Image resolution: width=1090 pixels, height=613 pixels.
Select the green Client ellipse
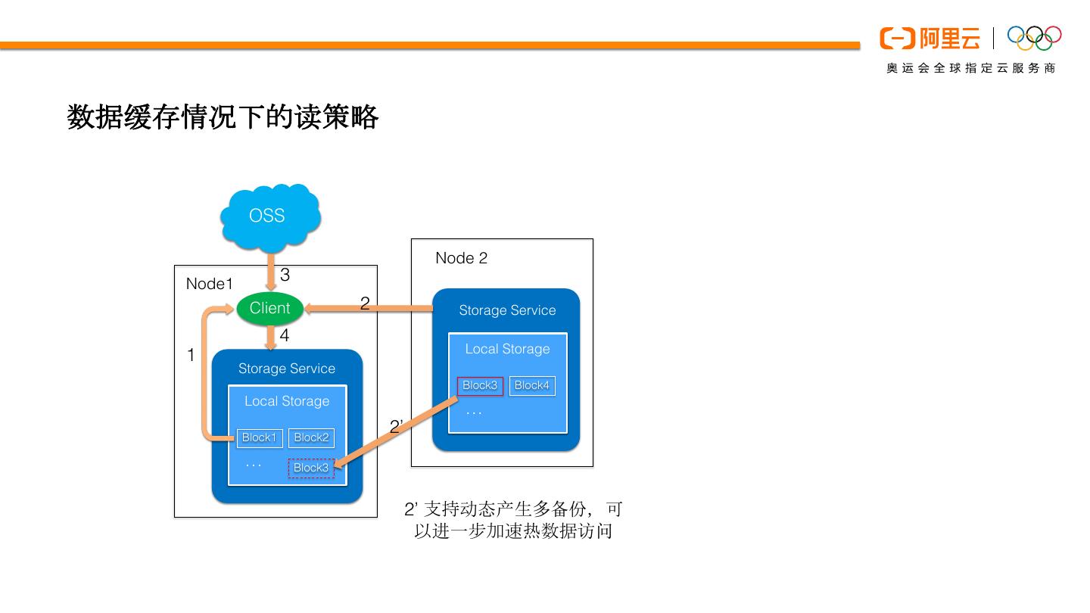(269, 308)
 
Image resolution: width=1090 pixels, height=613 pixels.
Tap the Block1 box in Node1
(259, 437)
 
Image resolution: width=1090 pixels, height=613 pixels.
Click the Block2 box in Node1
(311, 437)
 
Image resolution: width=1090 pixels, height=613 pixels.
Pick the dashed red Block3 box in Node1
(311, 468)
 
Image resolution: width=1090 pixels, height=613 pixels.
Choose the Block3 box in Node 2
(480, 385)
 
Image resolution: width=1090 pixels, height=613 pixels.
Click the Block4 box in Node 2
(532, 385)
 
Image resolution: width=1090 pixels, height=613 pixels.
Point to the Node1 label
(210, 284)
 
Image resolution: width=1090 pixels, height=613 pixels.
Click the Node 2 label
(461, 258)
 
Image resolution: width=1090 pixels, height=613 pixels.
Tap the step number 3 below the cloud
(285, 275)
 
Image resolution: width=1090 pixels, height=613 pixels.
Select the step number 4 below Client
(285, 335)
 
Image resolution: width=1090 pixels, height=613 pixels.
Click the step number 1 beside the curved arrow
(191, 354)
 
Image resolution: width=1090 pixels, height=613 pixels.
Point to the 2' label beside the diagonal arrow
(395, 427)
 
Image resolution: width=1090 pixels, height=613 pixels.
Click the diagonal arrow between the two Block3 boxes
(397, 436)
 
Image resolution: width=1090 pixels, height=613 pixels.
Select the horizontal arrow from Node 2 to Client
(378, 308)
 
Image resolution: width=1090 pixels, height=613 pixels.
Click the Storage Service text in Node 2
(507, 310)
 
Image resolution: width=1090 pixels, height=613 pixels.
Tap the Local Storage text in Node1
(287, 401)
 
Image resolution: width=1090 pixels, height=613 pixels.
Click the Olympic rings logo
(1034, 37)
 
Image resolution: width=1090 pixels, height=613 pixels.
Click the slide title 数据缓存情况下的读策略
(223, 117)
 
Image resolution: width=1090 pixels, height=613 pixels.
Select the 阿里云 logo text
(949, 38)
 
